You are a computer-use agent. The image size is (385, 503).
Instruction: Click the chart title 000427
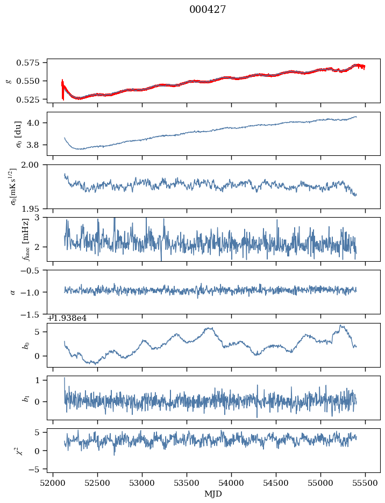208,10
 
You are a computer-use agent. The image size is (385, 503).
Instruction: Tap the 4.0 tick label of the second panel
38,123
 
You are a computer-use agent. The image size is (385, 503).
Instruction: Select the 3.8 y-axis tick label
38,145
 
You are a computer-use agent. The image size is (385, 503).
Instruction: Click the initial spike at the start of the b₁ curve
65,378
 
